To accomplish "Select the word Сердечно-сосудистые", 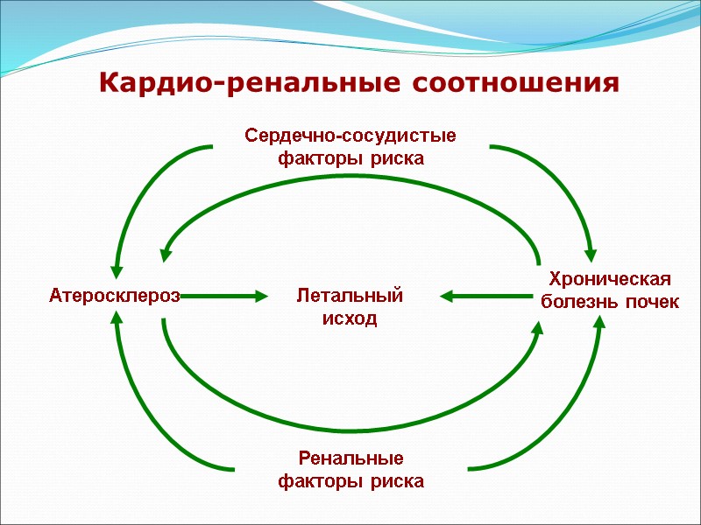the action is click(x=350, y=136).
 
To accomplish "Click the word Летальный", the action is click(x=350, y=296).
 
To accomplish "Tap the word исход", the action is click(x=350, y=318).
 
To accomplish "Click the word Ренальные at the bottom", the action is click(x=350, y=458).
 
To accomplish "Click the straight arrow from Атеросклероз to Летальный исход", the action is click(x=223, y=297).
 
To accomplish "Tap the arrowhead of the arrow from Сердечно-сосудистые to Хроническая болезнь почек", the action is click(x=591, y=254).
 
